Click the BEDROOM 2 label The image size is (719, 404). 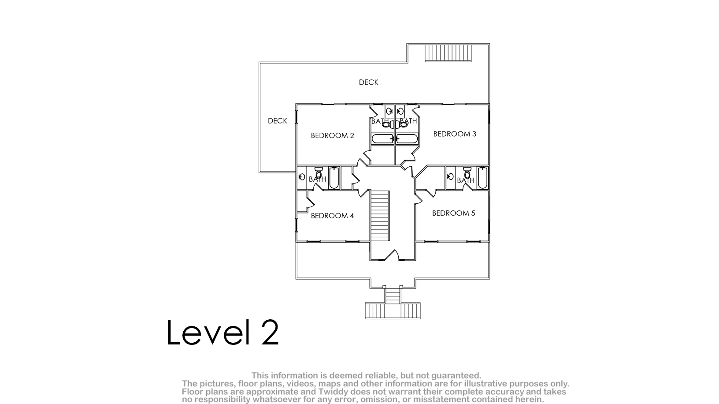click(x=332, y=136)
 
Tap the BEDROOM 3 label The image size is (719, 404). click(x=455, y=134)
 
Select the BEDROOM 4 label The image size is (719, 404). click(x=332, y=216)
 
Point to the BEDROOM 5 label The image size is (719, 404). click(x=453, y=213)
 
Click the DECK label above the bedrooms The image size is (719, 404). click(x=368, y=82)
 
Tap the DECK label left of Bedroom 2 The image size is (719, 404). click(x=277, y=121)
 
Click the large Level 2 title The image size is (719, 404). click(x=223, y=332)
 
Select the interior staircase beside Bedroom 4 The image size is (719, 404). click(x=380, y=216)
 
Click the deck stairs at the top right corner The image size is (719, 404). click(x=448, y=53)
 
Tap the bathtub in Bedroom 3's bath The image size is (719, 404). click(x=407, y=139)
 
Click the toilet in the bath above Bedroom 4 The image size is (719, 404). click(x=319, y=172)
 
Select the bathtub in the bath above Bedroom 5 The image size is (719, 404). click(x=482, y=178)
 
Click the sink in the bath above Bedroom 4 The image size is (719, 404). click(x=302, y=177)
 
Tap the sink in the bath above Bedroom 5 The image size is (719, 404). click(x=451, y=176)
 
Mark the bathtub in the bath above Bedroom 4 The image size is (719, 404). click(x=334, y=178)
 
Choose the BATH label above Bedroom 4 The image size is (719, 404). click(x=317, y=179)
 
